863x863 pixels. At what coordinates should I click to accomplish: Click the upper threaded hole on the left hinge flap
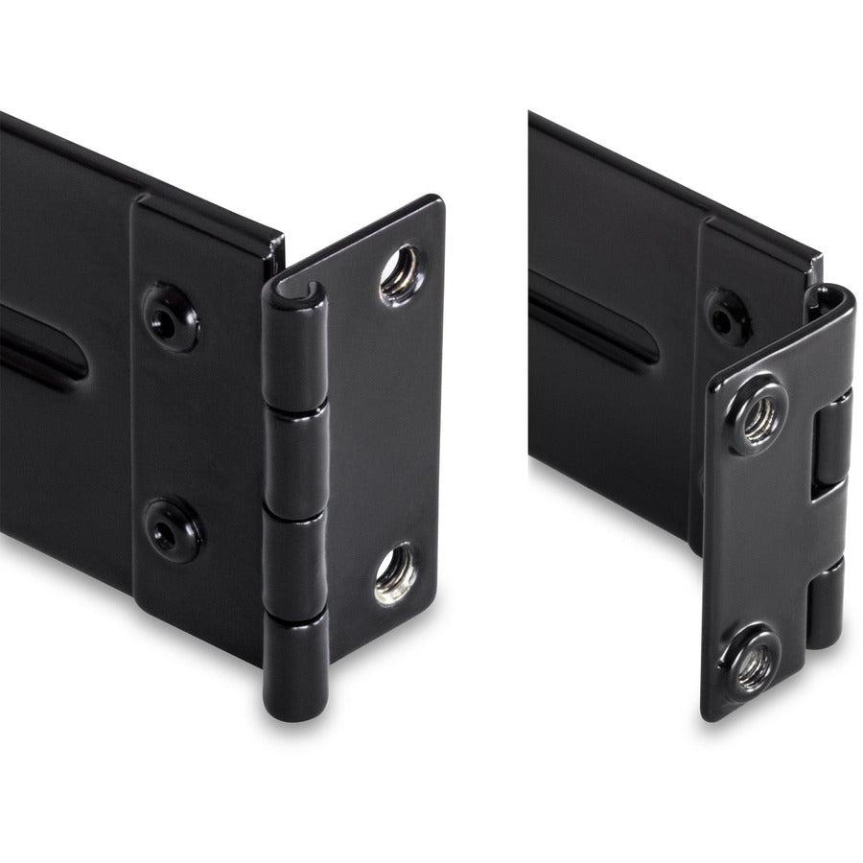[x=398, y=272]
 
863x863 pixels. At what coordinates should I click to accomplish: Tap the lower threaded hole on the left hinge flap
[x=394, y=574]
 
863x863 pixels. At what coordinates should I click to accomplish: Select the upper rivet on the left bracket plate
[x=171, y=316]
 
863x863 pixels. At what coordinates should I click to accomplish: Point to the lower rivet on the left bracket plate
[x=173, y=530]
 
